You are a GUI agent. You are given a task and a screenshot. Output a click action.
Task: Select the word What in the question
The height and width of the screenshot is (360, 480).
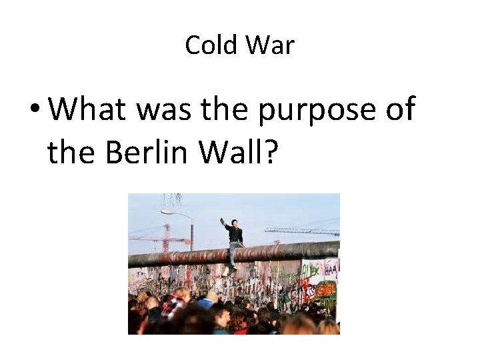[x=87, y=109]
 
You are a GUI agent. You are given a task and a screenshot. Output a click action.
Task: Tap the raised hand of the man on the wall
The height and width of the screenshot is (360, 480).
[x=223, y=221]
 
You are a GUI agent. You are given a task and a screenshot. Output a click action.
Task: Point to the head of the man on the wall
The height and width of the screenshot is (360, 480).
[x=233, y=223]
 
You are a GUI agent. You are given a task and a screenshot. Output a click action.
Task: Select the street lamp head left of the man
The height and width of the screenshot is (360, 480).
[x=166, y=213]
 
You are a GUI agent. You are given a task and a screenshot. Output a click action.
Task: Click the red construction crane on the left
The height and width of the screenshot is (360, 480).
[x=166, y=237]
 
